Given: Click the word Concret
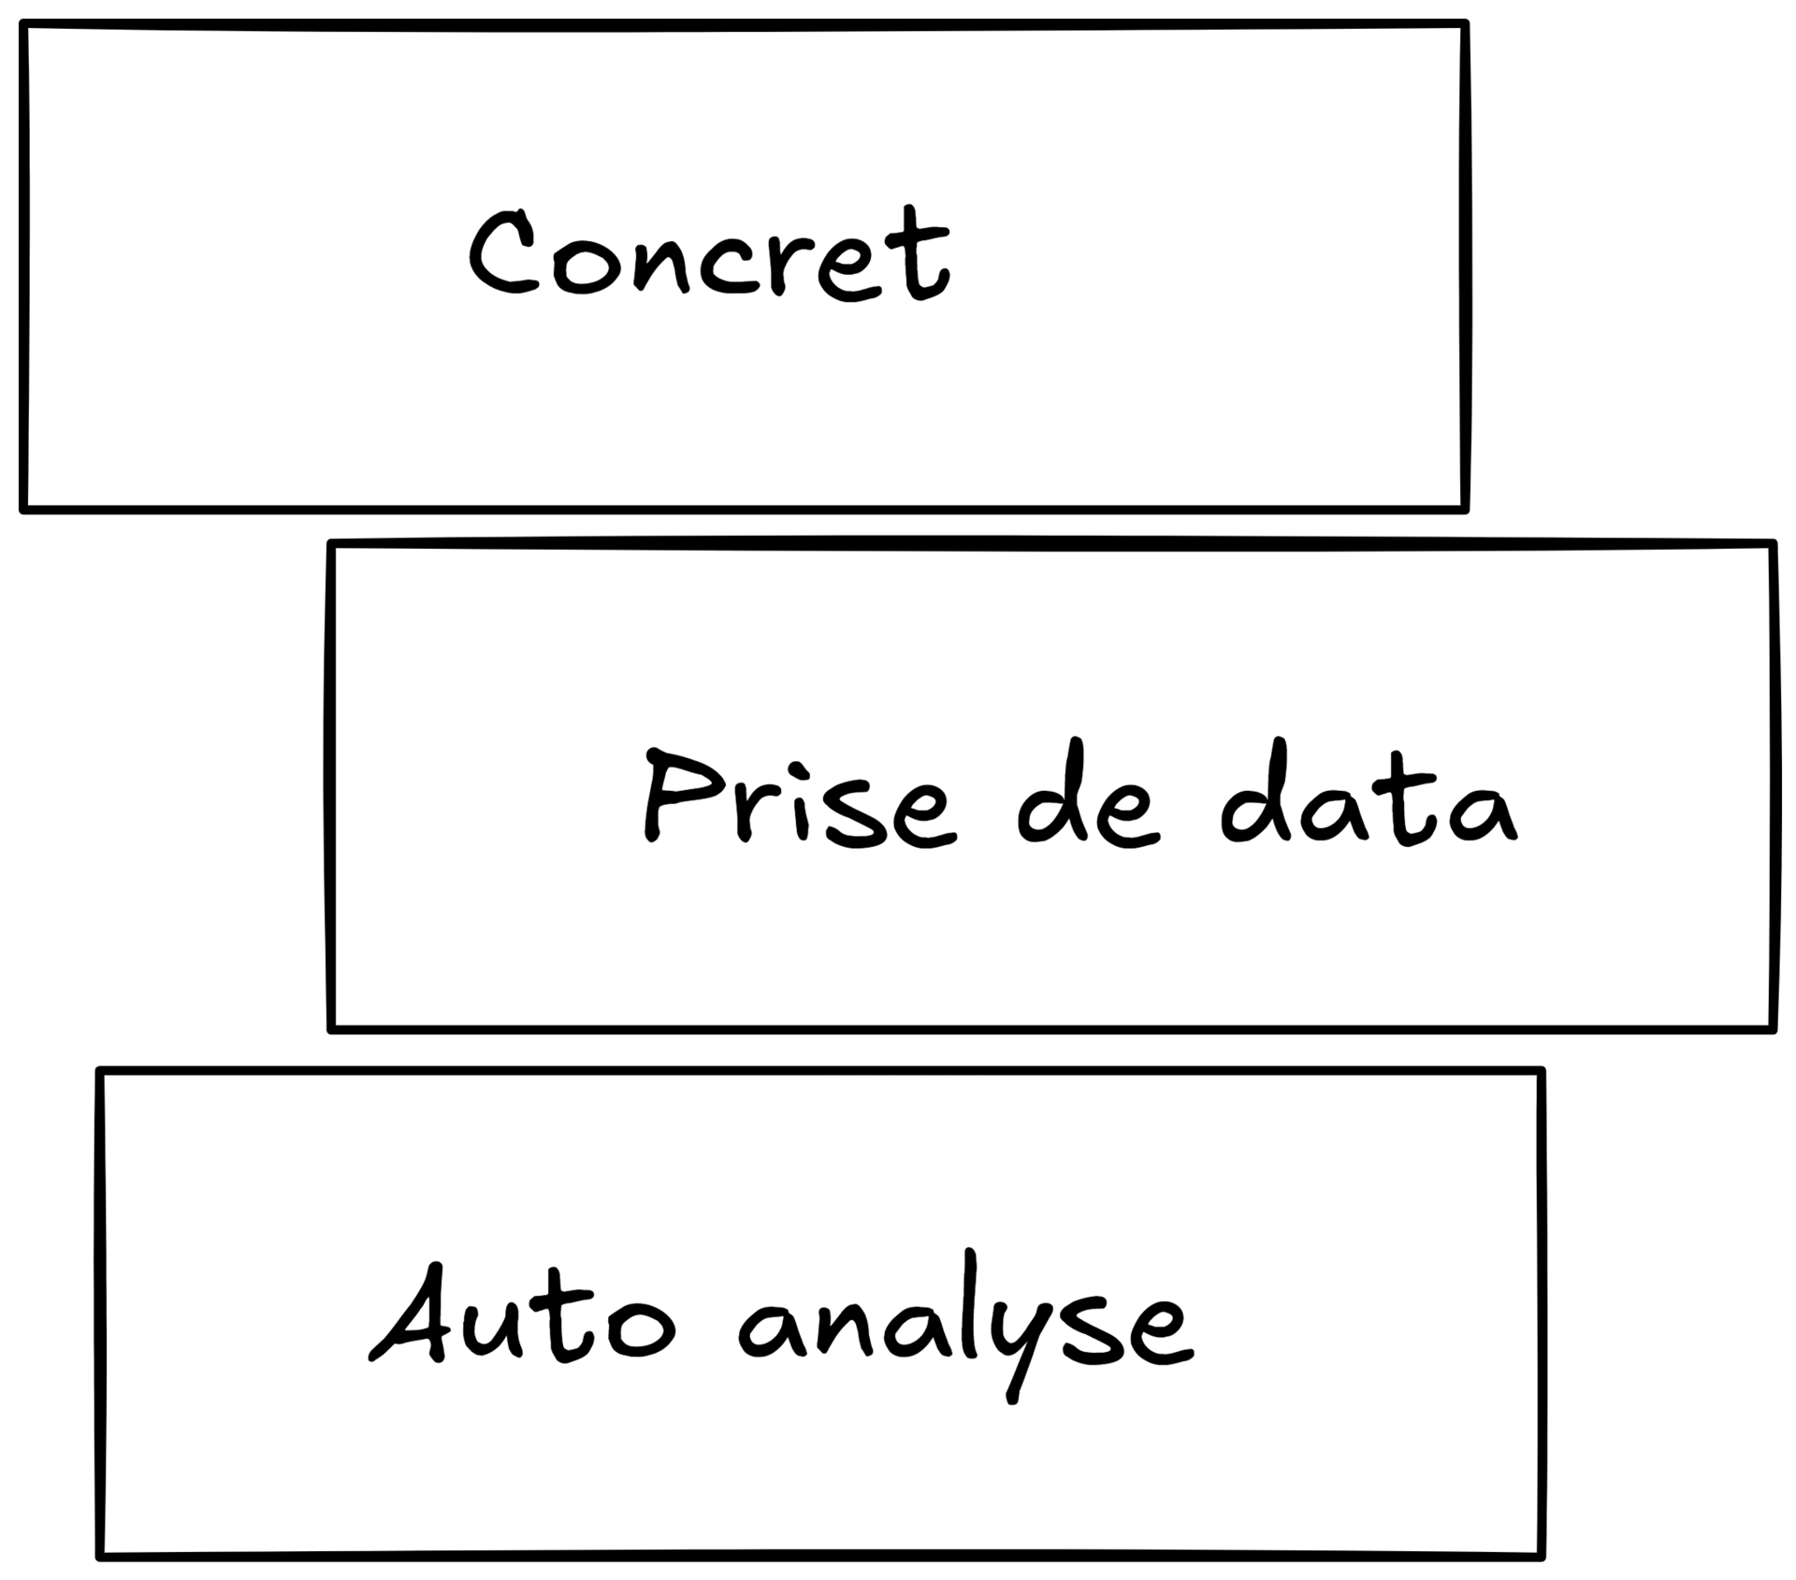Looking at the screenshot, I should tap(709, 254).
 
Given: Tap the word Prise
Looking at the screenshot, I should tap(800, 797).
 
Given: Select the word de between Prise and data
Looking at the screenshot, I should tap(1088, 797).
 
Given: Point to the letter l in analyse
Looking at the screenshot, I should tap(970, 1304).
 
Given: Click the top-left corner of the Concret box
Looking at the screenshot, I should tap(24, 26).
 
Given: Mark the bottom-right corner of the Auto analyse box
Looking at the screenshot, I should tap(1540, 1556).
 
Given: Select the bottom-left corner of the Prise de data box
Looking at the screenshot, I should tap(332, 1029).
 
